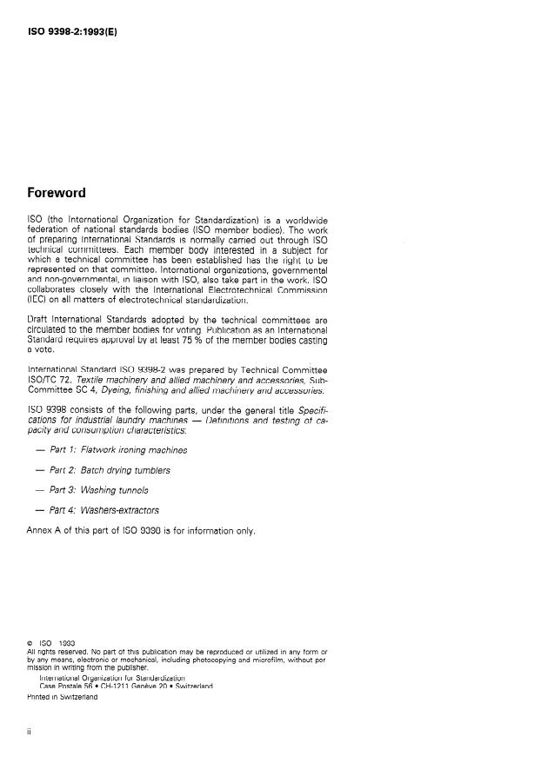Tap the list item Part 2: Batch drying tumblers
(x=110, y=470)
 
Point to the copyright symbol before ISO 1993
(x=31, y=644)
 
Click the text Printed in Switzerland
(x=63, y=695)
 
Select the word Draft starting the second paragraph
(x=40, y=320)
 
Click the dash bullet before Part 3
(x=40, y=490)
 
